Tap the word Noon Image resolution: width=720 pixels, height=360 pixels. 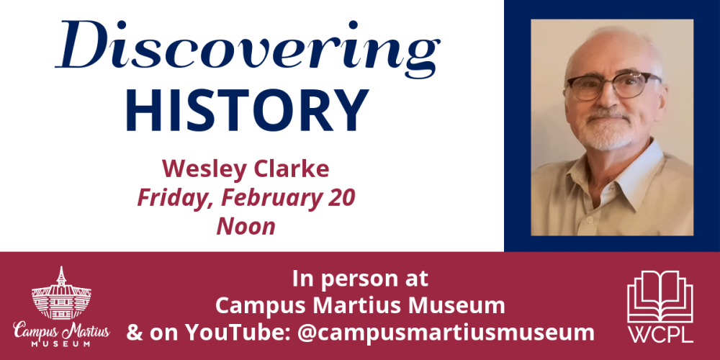pyautogui.click(x=246, y=226)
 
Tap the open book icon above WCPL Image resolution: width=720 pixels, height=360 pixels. pyautogui.click(x=659, y=295)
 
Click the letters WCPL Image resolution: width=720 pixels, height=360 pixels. pyautogui.click(x=659, y=336)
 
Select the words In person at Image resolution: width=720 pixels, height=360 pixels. pyautogui.click(x=360, y=278)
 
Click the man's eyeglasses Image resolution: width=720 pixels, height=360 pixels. pyautogui.click(x=612, y=86)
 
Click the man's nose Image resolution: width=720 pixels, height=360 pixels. pyautogui.click(x=606, y=102)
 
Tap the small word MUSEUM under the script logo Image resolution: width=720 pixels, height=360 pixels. pyautogui.click(x=61, y=344)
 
